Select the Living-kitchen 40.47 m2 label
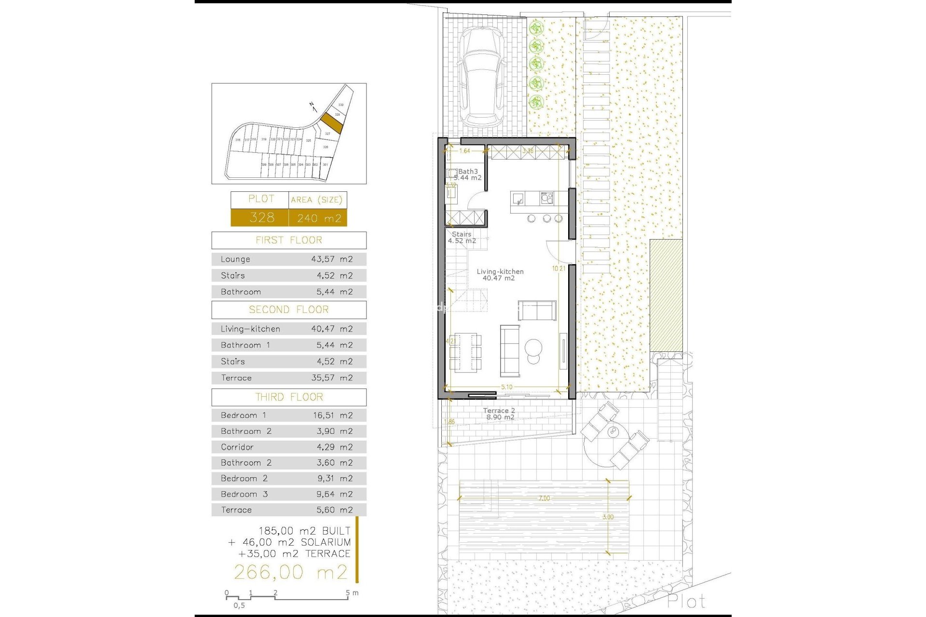[x=500, y=275]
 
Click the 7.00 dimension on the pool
[x=544, y=498]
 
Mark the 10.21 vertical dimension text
[x=558, y=268]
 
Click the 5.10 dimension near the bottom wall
[x=506, y=387]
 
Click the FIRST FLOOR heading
[x=288, y=240]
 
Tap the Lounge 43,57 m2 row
[x=288, y=259]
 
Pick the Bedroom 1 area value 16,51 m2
[x=332, y=416]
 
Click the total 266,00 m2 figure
[x=290, y=572]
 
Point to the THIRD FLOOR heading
[x=288, y=397]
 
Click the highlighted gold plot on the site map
[x=332, y=123]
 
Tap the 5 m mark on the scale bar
[x=348, y=593]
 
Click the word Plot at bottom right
[x=686, y=601]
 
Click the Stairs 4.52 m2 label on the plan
[x=462, y=238]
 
